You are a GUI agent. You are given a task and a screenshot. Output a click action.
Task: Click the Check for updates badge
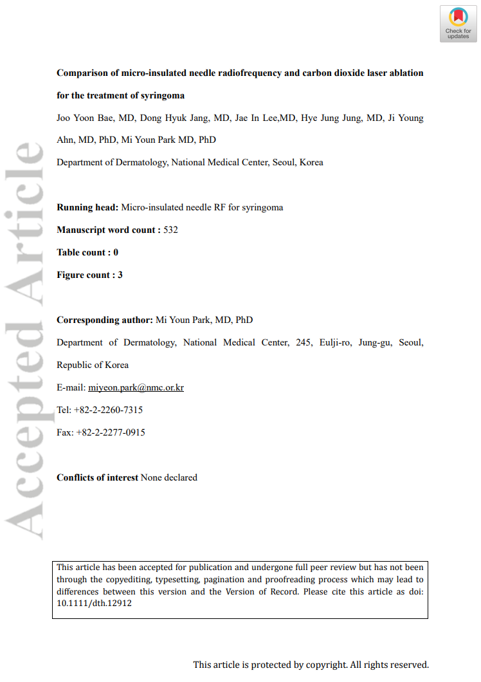tap(458, 24)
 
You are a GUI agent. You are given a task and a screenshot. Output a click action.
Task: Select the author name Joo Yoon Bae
tap(82, 118)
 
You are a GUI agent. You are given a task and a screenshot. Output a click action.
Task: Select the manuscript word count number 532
tap(170, 230)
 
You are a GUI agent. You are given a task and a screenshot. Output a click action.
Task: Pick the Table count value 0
tap(116, 252)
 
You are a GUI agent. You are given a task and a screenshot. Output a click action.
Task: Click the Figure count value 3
tap(120, 275)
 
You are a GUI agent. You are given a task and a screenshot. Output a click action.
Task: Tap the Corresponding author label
tap(105, 320)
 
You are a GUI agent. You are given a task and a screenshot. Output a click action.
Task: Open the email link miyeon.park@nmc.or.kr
tap(136, 387)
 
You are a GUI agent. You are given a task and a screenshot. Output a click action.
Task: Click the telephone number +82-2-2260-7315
tap(109, 410)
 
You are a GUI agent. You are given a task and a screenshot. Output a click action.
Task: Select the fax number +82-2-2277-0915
tap(111, 432)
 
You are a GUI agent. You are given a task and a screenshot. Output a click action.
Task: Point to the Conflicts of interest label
tap(97, 477)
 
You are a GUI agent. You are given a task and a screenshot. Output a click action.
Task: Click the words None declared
tap(169, 477)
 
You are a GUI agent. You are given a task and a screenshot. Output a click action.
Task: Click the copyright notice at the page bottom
tap(311, 665)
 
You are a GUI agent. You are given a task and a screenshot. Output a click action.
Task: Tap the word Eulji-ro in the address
tap(335, 342)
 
